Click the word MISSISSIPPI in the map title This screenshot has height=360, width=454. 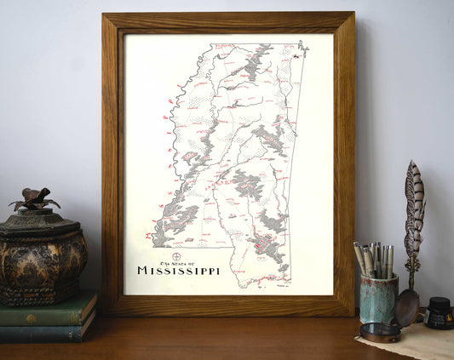178,271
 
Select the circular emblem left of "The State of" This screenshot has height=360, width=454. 176,257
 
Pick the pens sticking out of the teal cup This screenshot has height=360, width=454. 374,259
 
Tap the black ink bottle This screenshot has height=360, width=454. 440,312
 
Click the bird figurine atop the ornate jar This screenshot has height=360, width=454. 34,200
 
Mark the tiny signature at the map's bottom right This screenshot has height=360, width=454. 286,287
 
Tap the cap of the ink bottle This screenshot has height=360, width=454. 440,301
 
